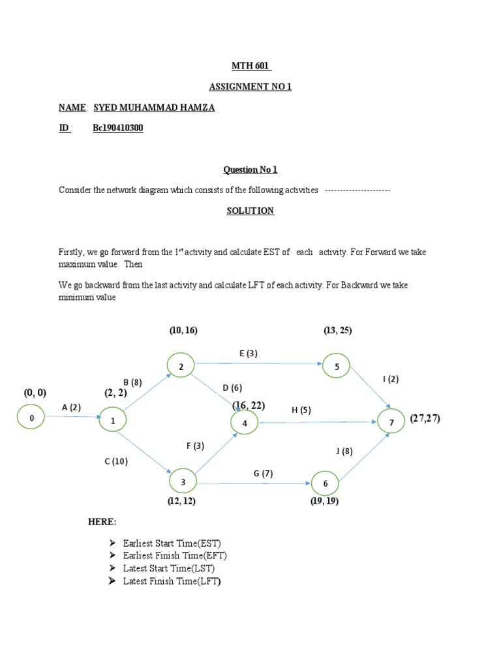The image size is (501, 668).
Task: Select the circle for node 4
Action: [x=245, y=423]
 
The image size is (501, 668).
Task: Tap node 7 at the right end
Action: [x=391, y=423]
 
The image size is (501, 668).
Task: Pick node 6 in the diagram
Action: [x=325, y=483]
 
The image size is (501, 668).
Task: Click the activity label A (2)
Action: [x=72, y=408]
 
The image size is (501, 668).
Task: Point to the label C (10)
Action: [x=116, y=461]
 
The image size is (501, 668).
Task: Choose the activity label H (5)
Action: [x=301, y=410]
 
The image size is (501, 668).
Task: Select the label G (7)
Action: [x=263, y=473]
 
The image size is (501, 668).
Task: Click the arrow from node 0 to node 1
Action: [x=72, y=417]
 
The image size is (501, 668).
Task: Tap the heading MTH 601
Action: [x=251, y=66]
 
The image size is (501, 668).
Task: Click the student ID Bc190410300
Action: [x=117, y=129]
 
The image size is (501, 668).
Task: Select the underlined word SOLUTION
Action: [x=250, y=211]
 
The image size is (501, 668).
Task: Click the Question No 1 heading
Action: [x=250, y=170]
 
